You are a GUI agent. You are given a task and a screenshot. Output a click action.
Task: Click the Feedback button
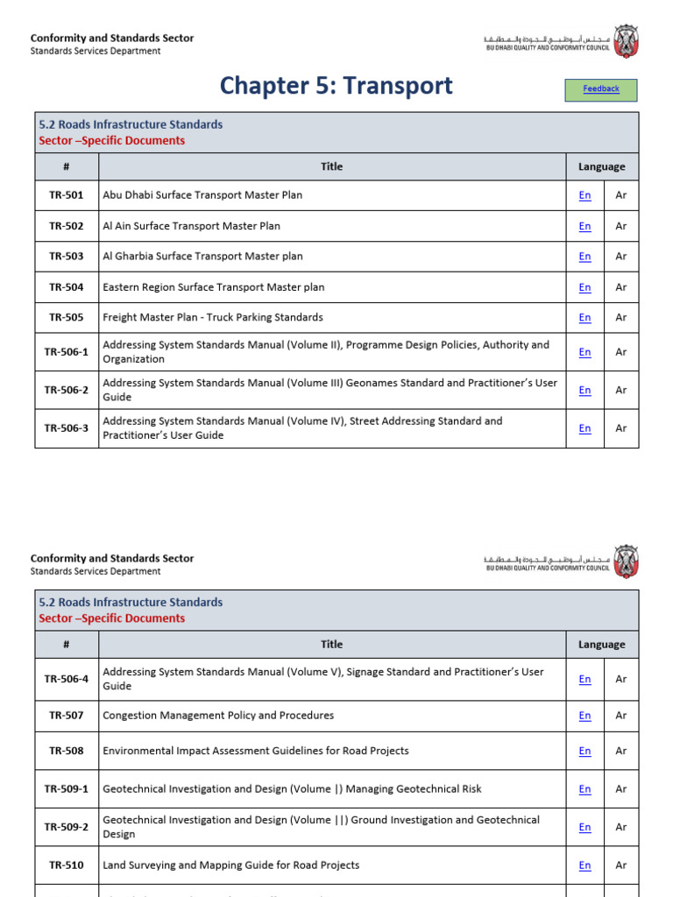click(601, 89)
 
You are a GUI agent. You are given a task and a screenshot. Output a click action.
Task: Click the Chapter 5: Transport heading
click(336, 86)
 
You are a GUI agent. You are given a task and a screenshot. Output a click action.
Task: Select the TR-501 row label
click(67, 195)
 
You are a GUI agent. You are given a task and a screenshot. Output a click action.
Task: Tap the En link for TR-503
click(584, 257)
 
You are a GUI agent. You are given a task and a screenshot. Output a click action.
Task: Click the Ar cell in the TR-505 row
click(621, 318)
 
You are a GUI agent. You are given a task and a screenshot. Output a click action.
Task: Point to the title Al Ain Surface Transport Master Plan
click(191, 226)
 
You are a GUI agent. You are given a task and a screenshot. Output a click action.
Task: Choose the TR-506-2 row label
click(67, 390)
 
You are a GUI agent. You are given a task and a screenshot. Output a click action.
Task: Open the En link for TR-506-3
click(584, 428)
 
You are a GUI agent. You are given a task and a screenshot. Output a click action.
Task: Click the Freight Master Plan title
click(213, 318)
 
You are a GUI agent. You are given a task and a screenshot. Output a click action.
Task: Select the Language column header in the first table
click(602, 166)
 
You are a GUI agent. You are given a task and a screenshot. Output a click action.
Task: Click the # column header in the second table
click(67, 644)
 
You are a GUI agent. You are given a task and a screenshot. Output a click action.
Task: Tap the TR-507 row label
click(67, 716)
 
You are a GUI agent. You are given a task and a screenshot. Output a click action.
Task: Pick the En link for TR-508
click(584, 752)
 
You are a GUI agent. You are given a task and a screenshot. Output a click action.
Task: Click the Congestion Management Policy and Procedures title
click(218, 716)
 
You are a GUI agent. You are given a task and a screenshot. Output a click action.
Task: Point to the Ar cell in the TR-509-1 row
click(621, 789)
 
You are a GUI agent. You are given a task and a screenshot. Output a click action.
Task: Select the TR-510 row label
click(67, 865)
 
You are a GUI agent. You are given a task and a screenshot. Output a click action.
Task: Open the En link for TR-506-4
click(584, 679)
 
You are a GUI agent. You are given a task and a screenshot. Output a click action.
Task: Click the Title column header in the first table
click(332, 166)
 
